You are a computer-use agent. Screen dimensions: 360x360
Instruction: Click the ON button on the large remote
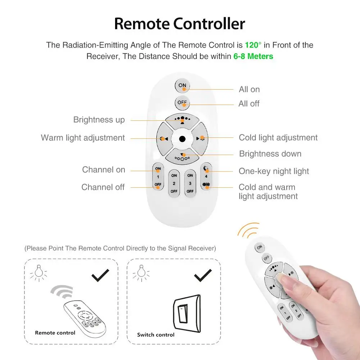[182, 86]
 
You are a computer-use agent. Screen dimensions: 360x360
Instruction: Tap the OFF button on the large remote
[182, 102]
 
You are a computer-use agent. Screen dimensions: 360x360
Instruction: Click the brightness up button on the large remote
[182, 120]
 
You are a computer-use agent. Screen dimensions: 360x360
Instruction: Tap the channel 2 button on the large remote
[174, 183]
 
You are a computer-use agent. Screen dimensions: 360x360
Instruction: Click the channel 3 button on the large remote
[190, 183]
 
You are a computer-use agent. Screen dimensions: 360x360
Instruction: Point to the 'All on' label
[249, 90]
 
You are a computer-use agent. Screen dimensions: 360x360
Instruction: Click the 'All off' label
[249, 104]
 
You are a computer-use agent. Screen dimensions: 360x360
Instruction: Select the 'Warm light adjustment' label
[83, 138]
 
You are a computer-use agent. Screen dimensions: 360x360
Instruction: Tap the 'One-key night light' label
[274, 172]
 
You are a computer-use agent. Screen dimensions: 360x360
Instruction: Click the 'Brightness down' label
[270, 154]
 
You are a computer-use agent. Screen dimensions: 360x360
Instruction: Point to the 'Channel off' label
[103, 187]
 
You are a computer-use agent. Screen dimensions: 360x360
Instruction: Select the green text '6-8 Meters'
[253, 56]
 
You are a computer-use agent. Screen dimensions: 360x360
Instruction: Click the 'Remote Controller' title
[180, 24]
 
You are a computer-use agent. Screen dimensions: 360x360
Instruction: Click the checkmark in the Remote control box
[101, 275]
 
